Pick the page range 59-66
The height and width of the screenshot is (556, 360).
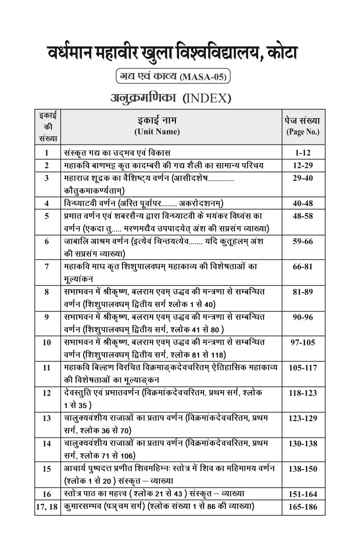pos(303,242)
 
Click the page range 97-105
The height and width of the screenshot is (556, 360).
pos(303,343)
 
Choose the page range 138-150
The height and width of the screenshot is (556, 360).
pos(303,469)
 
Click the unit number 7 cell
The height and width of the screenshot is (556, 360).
pos(47,266)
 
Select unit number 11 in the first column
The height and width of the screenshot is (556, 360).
pos(47,368)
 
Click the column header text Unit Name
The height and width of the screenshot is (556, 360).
pos(157,132)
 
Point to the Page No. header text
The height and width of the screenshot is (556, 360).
pos(303,132)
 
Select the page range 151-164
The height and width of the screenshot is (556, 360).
pos(303,494)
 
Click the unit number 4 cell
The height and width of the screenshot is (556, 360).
pos(47,203)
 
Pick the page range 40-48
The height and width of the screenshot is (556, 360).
pos(303,203)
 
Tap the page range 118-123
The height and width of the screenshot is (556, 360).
pos(303,393)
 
